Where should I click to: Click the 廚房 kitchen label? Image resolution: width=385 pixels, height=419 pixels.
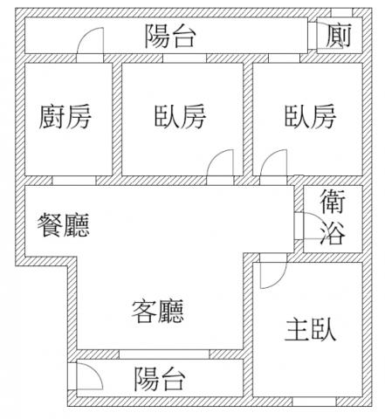(65, 117)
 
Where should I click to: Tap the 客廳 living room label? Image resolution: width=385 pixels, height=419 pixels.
(158, 312)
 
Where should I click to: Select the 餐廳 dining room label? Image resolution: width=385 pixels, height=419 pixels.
(63, 225)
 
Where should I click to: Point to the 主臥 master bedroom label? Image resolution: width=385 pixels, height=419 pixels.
(310, 330)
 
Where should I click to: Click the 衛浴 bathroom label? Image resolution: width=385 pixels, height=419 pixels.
(333, 217)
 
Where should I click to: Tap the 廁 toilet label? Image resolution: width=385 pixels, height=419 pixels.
(339, 36)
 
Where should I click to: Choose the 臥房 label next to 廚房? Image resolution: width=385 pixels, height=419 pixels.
(180, 117)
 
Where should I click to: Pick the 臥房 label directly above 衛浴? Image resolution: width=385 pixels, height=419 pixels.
(310, 117)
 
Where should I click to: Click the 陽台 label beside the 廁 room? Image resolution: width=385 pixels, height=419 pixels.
(170, 36)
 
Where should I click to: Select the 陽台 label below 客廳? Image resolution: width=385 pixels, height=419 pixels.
(160, 379)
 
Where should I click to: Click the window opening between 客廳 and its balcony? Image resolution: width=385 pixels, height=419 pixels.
(164, 354)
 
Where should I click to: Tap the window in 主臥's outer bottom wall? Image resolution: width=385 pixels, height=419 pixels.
(314, 402)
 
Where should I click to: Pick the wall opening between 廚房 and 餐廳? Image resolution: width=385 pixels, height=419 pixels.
(74, 181)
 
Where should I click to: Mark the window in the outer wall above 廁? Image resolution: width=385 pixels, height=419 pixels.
(341, 13)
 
